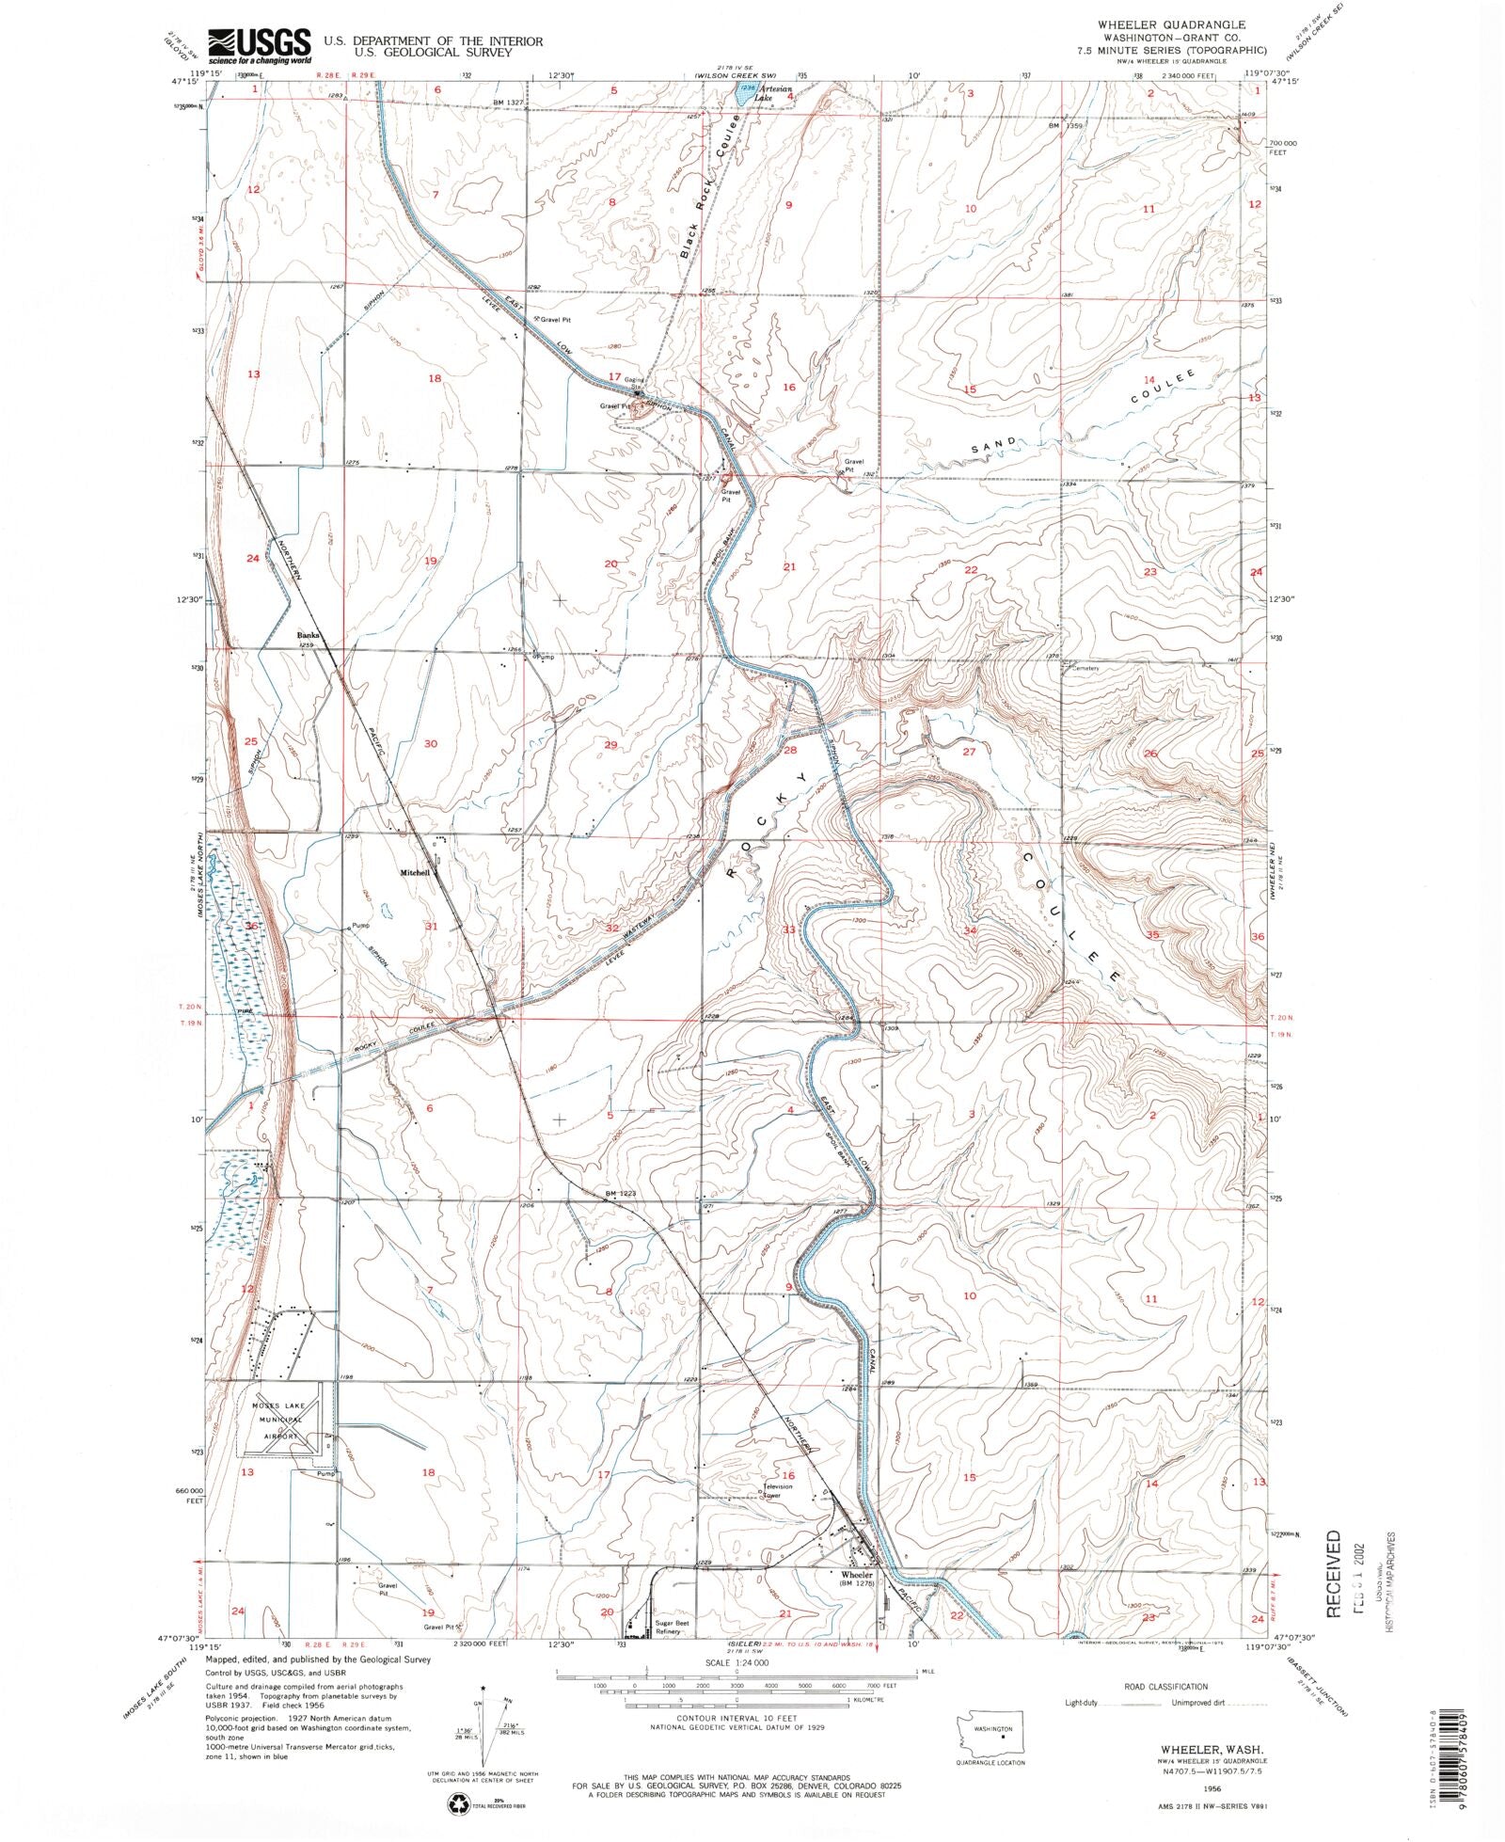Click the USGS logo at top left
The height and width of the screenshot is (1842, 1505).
click(x=260, y=44)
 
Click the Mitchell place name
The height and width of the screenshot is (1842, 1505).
click(x=415, y=873)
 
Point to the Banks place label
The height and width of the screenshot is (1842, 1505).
click(x=309, y=635)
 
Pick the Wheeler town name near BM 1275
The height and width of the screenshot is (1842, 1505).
click(x=857, y=1575)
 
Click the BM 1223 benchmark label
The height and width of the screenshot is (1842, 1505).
click(x=621, y=1194)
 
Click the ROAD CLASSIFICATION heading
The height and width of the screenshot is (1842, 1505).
click(x=1165, y=1687)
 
